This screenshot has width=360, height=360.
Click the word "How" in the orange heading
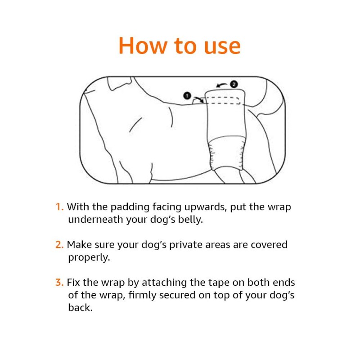[x=142, y=46]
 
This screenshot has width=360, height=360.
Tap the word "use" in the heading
[x=222, y=47]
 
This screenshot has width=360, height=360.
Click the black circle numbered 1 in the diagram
[x=187, y=95]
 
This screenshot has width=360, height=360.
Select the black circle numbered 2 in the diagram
[x=234, y=84]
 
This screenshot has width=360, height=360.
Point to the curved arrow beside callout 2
[x=221, y=85]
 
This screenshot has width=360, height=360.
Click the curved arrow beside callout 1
[x=198, y=99]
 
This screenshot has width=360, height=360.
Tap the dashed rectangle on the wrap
[x=222, y=100]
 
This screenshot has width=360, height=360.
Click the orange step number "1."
[x=59, y=207]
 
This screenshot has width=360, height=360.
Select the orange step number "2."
[x=59, y=244]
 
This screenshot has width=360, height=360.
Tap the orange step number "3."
[x=59, y=283]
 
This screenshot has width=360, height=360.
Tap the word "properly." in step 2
[x=89, y=258]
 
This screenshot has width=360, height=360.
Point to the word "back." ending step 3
[x=81, y=308]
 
